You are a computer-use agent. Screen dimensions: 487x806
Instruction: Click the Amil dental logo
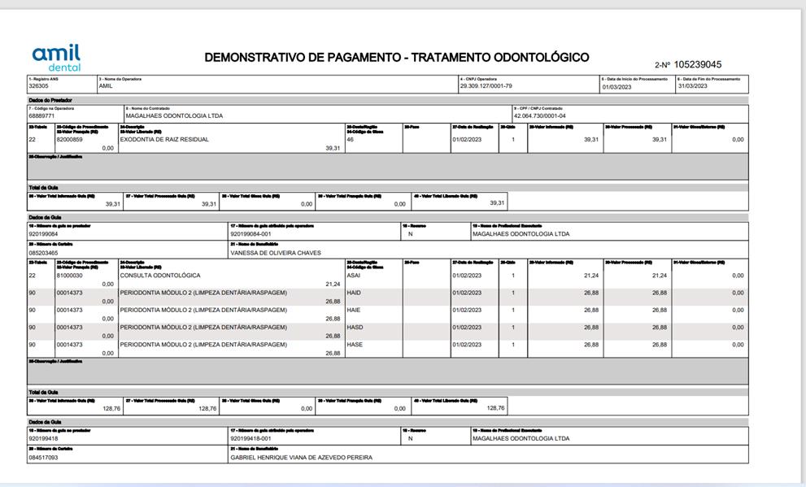click(x=56, y=56)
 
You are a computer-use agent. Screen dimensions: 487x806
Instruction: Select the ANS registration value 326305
click(x=38, y=85)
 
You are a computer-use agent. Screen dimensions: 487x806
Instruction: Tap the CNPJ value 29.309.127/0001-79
click(x=486, y=85)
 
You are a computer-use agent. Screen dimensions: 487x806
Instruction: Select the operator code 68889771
click(x=41, y=115)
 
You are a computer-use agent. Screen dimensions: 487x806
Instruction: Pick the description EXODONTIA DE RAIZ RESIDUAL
click(x=164, y=139)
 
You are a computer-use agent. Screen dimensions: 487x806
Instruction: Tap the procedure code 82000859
click(x=69, y=139)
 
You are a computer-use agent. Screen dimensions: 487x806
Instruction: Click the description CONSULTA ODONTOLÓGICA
click(x=159, y=276)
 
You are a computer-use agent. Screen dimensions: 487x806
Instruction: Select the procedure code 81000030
click(x=69, y=276)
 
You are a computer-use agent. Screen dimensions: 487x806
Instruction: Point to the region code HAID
click(x=354, y=293)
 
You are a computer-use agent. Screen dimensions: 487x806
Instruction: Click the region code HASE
click(x=355, y=344)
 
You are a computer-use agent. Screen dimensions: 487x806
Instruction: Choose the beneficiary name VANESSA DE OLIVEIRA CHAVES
click(x=276, y=253)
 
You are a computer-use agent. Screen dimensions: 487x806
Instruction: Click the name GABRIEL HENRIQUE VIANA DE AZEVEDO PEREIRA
click(x=301, y=457)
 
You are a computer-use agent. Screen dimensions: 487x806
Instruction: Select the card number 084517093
click(x=43, y=457)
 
